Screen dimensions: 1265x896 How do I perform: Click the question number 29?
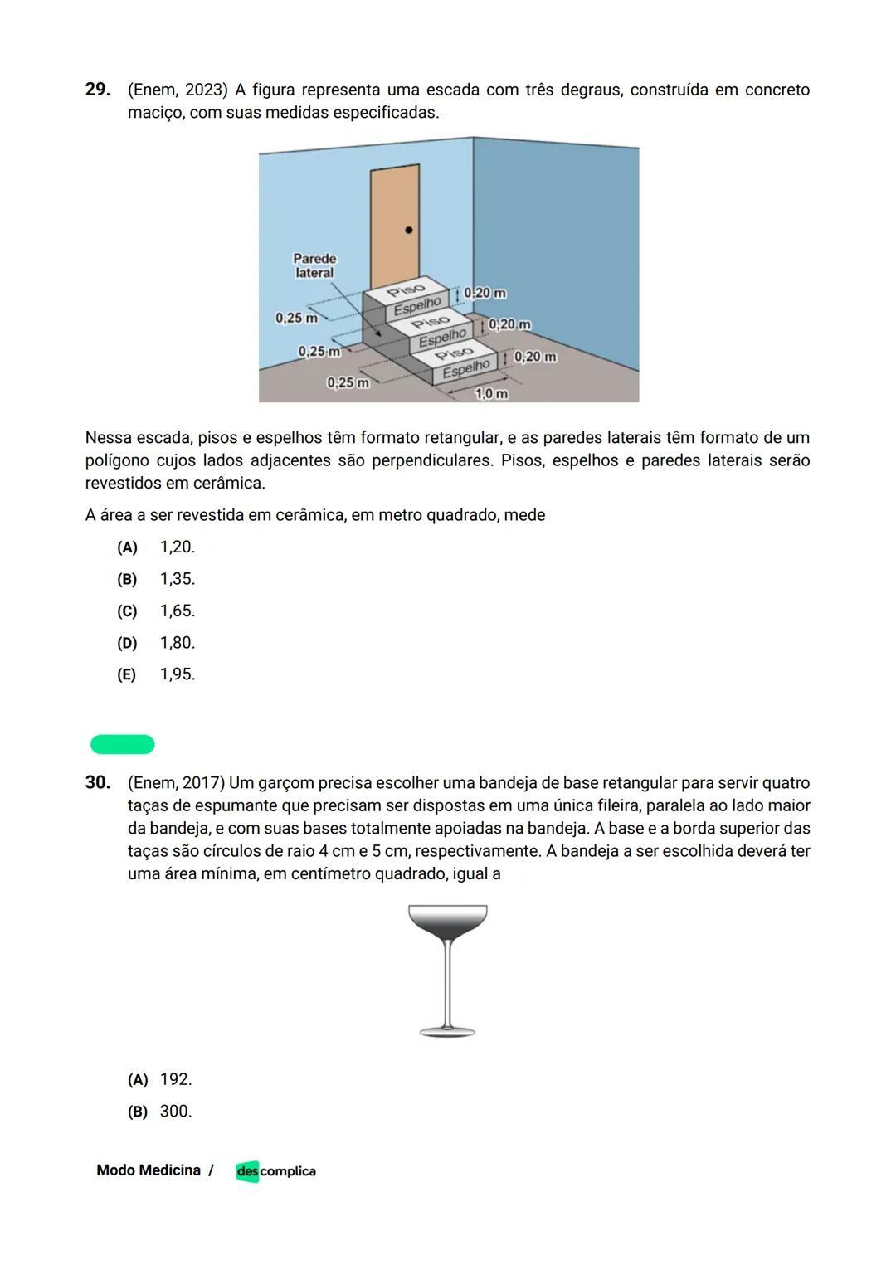click(97, 90)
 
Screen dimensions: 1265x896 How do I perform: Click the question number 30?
click(97, 782)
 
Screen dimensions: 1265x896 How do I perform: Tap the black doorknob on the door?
click(408, 230)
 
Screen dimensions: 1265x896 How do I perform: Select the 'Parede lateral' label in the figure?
click(314, 265)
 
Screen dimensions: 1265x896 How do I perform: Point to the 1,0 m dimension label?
click(490, 393)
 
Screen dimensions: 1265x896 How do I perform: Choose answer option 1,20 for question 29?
click(177, 547)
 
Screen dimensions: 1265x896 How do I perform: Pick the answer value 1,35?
click(177, 579)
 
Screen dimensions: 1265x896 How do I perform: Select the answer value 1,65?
click(177, 611)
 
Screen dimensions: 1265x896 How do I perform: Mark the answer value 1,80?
click(177, 643)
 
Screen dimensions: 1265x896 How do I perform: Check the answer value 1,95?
click(177, 674)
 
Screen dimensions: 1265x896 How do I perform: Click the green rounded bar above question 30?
click(123, 744)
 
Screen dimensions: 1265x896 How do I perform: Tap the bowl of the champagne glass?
click(448, 921)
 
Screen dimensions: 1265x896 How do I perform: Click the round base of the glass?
click(448, 1032)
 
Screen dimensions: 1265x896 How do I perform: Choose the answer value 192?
click(175, 1080)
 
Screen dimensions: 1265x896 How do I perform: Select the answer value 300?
click(175, 1112)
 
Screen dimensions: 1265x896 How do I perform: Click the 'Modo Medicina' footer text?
click(149, 1170)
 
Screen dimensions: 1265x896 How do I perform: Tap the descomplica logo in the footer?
click(275, 1171)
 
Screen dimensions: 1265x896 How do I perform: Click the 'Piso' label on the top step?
click(406, 289)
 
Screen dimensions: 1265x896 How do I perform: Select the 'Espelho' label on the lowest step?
click(465, 368)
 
